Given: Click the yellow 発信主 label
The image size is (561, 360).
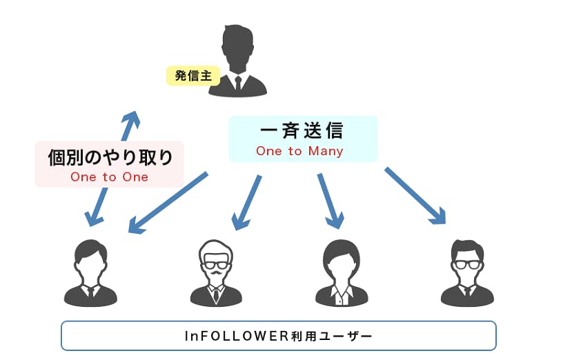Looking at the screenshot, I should (188, 76).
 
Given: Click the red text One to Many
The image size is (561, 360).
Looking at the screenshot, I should (299, 151).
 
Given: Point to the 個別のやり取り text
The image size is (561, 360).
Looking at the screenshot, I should (110, 157).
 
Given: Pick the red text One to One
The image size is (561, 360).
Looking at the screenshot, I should (109, 177).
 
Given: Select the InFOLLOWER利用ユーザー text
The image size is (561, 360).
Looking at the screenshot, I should (278, 336).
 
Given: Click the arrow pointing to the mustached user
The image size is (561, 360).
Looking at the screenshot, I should (248, 201).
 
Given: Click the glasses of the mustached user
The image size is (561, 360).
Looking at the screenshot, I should (216, 264).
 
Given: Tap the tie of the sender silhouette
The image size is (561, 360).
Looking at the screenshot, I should (237, 84).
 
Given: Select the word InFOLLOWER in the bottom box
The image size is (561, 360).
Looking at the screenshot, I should (228, 336).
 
